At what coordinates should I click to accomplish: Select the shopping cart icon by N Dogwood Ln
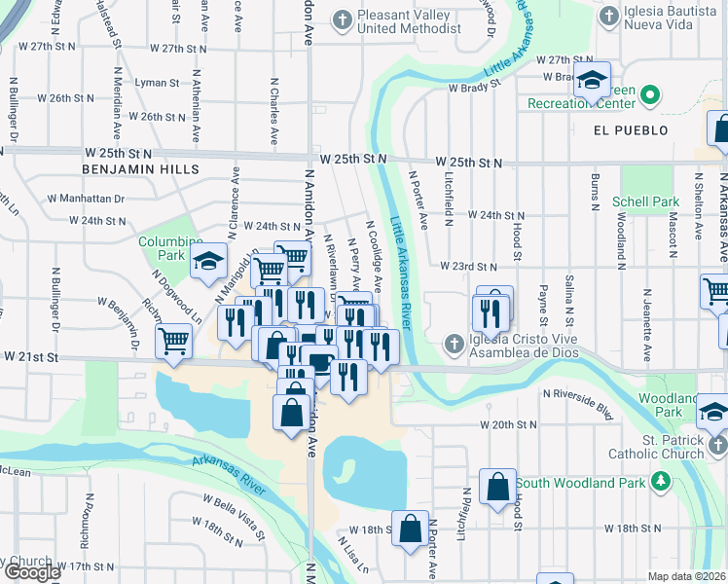click(x=173, y=342)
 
